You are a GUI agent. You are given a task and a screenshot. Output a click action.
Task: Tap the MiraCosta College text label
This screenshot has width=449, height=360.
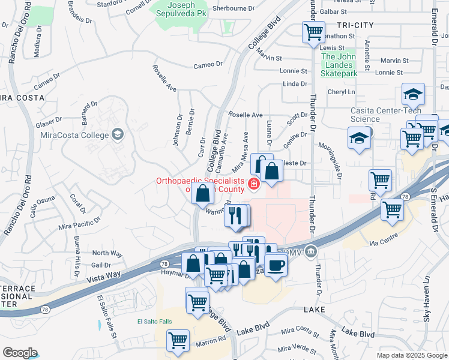coord(73,134)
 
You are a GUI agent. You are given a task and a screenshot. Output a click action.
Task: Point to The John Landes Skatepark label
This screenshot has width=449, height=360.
coord(339,65)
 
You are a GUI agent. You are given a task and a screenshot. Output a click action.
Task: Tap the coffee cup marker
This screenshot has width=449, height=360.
coord(276,264)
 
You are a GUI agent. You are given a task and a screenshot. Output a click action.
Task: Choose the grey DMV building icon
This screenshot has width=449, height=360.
coord(310,250)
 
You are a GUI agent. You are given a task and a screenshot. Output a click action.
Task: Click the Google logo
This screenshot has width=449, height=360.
coord(20,353)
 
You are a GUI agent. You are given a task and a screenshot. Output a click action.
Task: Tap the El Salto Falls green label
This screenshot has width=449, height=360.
coord(154,322)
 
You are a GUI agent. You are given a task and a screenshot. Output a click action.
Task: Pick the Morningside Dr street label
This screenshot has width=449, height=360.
coord(334,163)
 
